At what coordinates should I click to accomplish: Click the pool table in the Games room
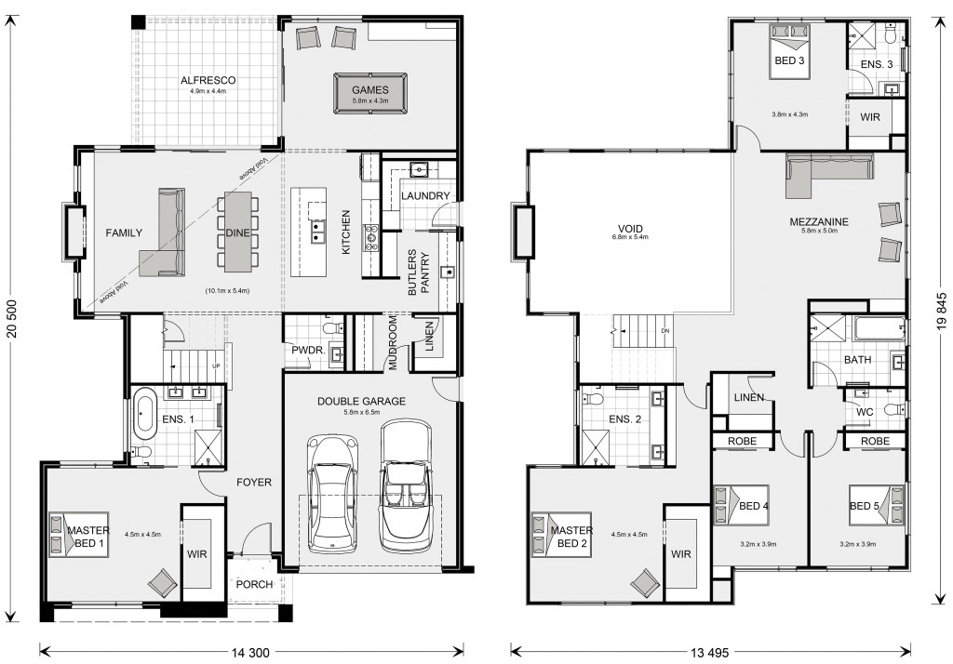370,94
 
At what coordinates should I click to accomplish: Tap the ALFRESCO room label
208,80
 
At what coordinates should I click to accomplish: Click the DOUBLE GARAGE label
361,401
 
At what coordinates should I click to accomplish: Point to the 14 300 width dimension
250,653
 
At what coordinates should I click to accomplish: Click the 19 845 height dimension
942,311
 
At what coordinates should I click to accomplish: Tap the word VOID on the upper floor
630,229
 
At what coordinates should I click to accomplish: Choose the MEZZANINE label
819,221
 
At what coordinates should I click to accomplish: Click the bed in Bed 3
789,51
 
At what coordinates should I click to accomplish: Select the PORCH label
254,584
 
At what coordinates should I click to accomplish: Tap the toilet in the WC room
895,409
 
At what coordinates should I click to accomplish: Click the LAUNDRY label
425,195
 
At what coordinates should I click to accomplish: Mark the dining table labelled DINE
237,232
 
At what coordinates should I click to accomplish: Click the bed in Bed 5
876,505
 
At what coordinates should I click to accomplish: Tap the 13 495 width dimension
709,653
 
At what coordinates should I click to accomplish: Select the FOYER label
254,483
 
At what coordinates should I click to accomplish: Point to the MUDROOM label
393,342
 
